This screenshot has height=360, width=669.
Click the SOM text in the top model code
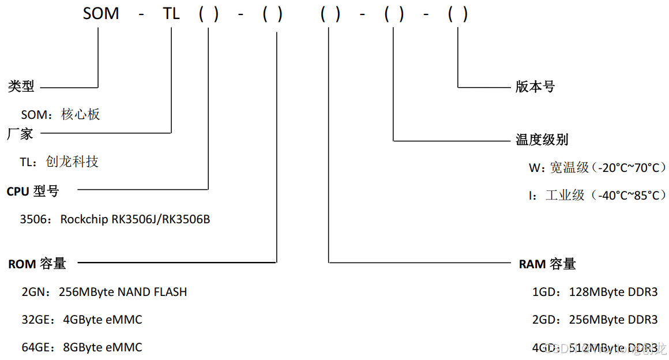101,14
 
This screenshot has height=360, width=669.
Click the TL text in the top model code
171,14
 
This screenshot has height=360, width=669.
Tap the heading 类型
21,87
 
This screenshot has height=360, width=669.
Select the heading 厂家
20,134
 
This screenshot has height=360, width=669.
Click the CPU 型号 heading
33,191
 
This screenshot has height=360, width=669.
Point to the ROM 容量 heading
37,264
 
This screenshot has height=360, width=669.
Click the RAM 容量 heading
547,264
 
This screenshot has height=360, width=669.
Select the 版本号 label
535,87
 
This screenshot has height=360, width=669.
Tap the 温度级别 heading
542,140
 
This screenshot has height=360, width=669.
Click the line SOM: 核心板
61,114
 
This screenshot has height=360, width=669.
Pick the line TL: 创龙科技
59,162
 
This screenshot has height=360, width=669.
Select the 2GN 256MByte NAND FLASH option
104,292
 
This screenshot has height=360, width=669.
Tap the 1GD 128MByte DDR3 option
595,292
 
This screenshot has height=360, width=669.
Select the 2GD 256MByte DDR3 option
595,320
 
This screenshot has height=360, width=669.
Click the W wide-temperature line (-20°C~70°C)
596,167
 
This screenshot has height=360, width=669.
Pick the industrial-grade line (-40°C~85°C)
596,195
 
